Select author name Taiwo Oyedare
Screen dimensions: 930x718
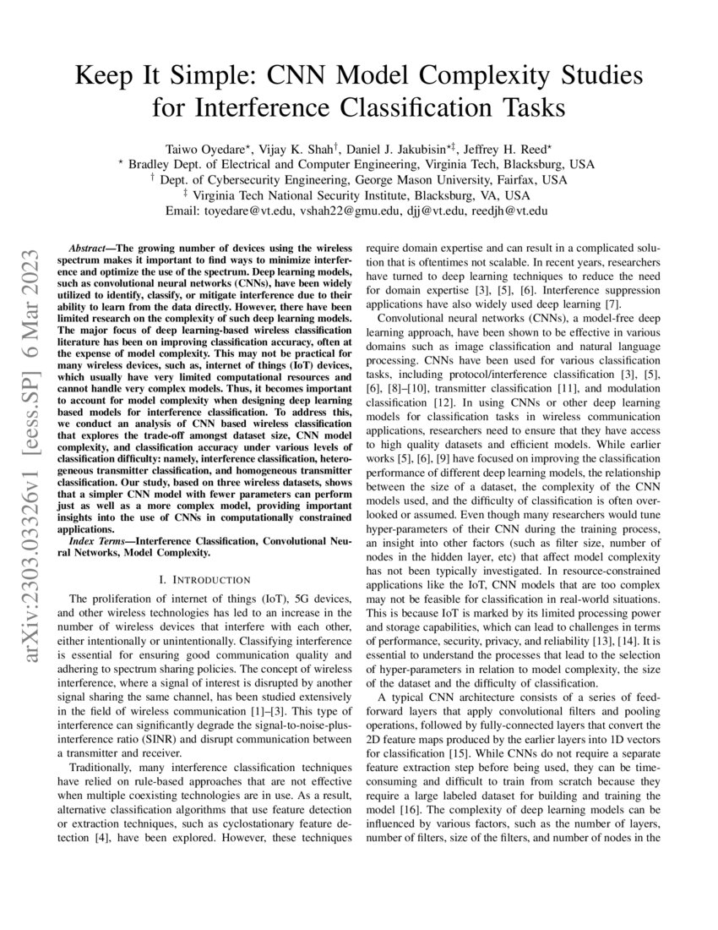(x=201, y=146)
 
